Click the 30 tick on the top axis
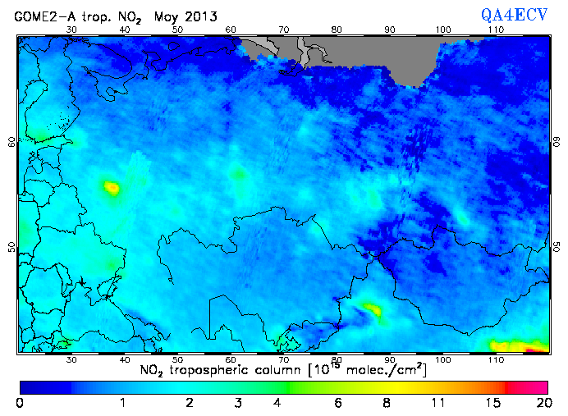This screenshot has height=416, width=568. pyautogui.click(x=71, y=30)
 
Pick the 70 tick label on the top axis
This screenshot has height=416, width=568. pyautogui.click(x=284, y=30)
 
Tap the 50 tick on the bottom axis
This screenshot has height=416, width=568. pyautogui.click(x=178, y=359)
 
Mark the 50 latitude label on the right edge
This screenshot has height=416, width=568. pyautogui.click(x=556, y=247)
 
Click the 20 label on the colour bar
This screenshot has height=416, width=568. pyautogui.click(x=541, y=402)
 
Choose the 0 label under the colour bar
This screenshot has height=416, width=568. pyautogui.click(x=20, y=402)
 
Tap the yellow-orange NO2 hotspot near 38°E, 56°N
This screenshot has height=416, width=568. pyautogui.click(x=111, y=188)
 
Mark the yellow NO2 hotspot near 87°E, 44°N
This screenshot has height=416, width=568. pyautogui.click(x=372, y=310)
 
